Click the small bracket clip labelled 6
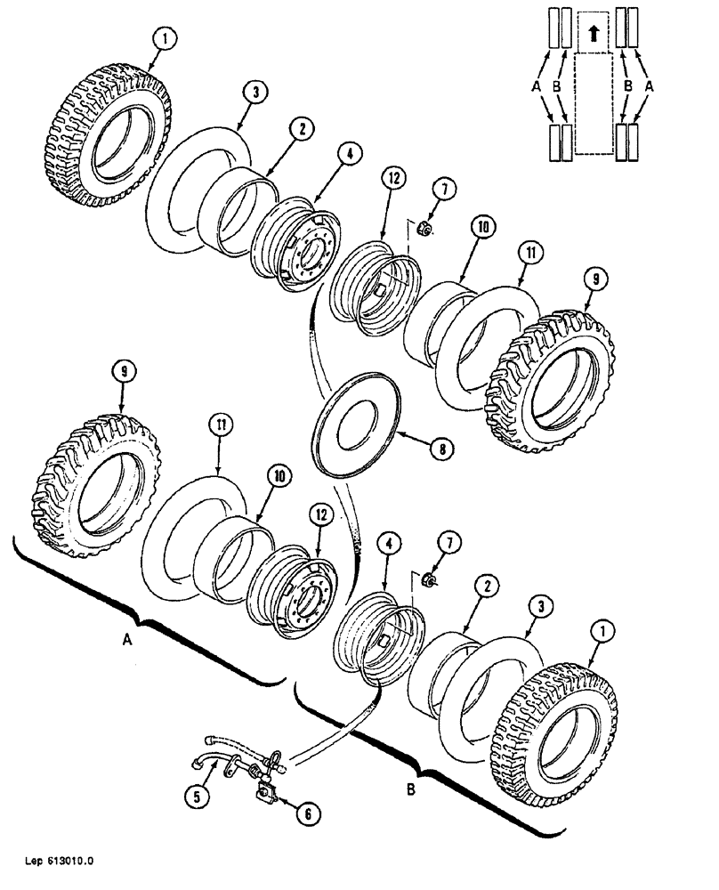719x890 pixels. tap(264, 787)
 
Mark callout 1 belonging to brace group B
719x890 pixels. tap(603, 630)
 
